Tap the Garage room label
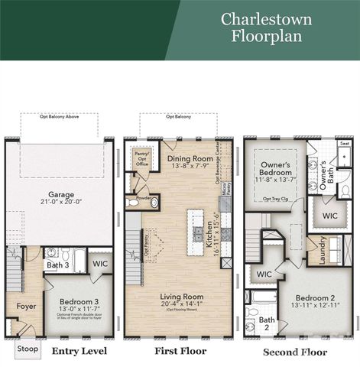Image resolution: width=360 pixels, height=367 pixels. pos(62,196)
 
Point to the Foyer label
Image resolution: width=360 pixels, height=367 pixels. pos(27,307)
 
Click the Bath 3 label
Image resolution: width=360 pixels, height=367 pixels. pos(58,265)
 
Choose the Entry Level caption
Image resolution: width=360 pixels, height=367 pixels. pos(78,351)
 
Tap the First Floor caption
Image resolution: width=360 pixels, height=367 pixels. pos(173,351)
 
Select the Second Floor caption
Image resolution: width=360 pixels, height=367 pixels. pos(295,352)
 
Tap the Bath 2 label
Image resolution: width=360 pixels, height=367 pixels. pos(267,324)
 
